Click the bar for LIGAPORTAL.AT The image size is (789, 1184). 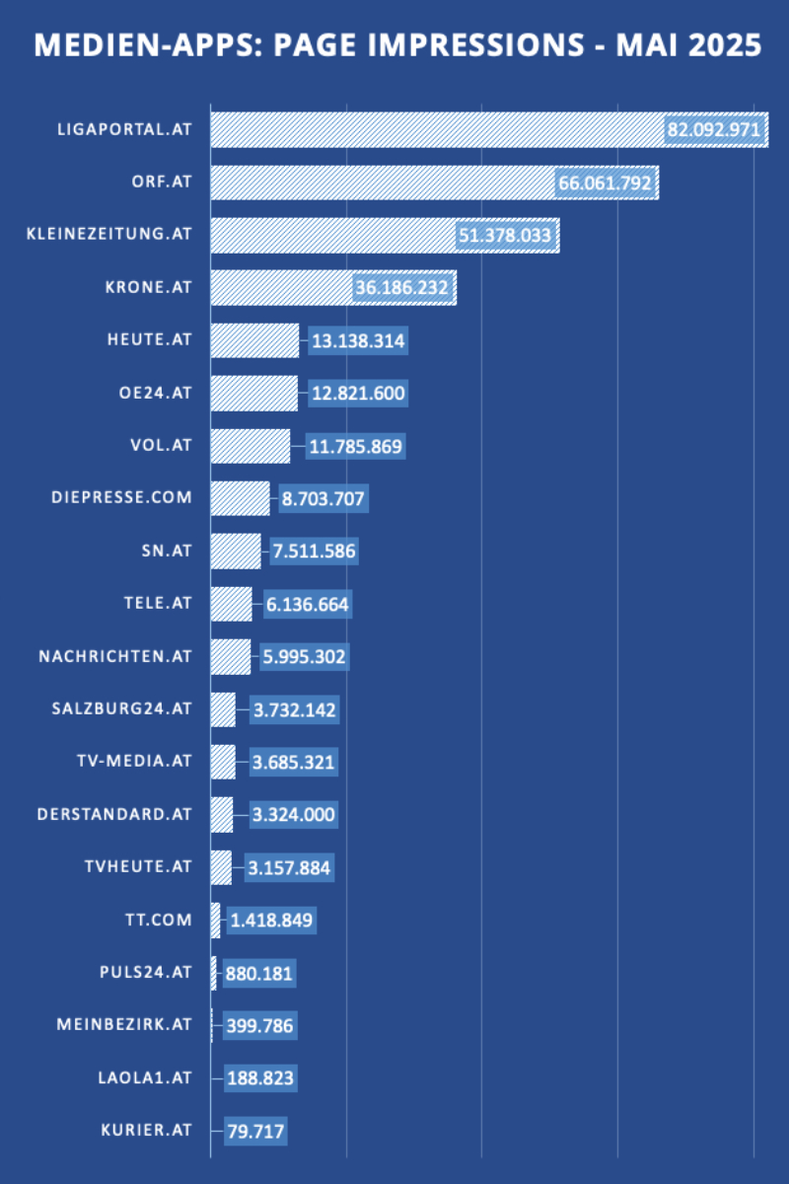pyautogui.click(x=434, y=130)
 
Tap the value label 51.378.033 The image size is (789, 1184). pyautogui.click(x=505, y=236)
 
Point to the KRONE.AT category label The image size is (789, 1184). pyautogui.click(x=148, y=288)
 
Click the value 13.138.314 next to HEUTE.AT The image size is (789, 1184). pyautogui.click(x=357, y=341)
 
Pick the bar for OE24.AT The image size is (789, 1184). pyautogui.click(x=253, y=393)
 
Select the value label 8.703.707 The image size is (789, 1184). pyautogui.click(x=323, y=499)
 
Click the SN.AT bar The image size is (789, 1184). pyautogui.click(x=236, y=551)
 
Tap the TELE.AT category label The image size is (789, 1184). pyautogui.click(x=161, y=603)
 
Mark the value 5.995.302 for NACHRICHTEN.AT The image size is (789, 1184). pyautogui.click(x=305, y=656)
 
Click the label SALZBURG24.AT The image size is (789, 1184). pyautogui.click(x=121, y=708)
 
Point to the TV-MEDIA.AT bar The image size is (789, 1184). pyautogui.click(x=223, y=762)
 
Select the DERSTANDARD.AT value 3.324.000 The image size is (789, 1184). pyautogui.click(x=293, y=815)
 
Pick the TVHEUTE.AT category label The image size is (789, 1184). pyautogui.click(x=138, y=866)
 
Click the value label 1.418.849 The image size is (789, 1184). pyautogui.click(x=271, y=922)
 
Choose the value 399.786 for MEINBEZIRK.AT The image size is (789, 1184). pyautogui.click(x=258, y=1025)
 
